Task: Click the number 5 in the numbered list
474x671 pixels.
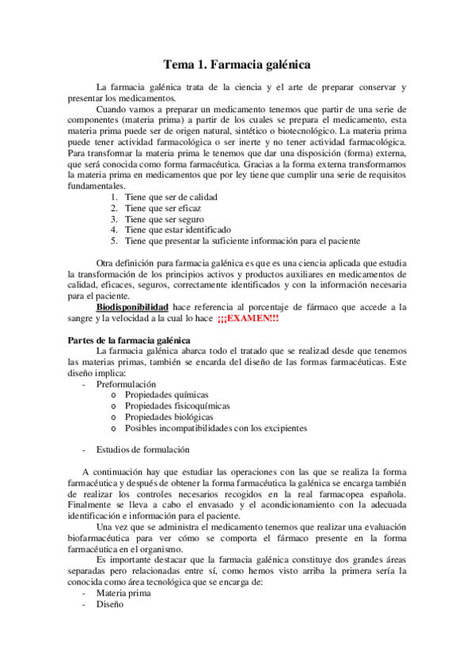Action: point(114,241)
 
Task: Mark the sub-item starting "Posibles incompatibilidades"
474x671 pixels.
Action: point(215,428)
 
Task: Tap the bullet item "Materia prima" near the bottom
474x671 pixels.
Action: point(123,593)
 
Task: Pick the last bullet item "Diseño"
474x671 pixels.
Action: point(110,604)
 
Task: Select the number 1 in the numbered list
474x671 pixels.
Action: point(114,197)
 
